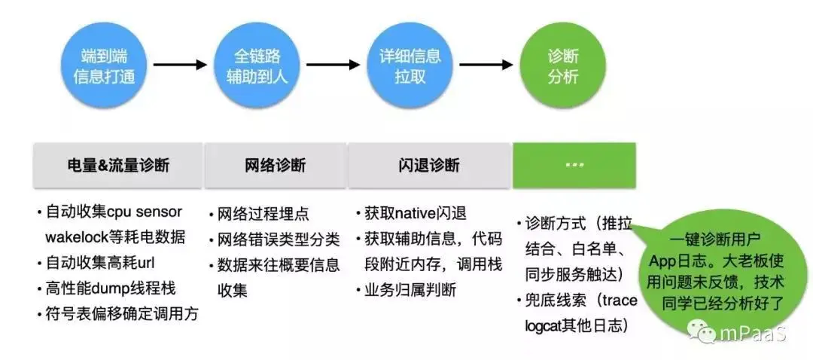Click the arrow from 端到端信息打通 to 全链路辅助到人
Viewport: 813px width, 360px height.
[x=180, y=65]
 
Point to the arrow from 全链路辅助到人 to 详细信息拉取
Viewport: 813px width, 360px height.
[x=333, y=65]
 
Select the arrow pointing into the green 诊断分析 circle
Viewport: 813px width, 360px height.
[x=486, y=65]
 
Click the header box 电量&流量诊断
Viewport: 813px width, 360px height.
[x=117, y=165]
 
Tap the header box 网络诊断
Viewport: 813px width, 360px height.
[x=275, y=165]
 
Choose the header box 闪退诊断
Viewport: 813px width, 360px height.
[x=428, y=165]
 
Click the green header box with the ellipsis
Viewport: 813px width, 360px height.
[x=574, y=165]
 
